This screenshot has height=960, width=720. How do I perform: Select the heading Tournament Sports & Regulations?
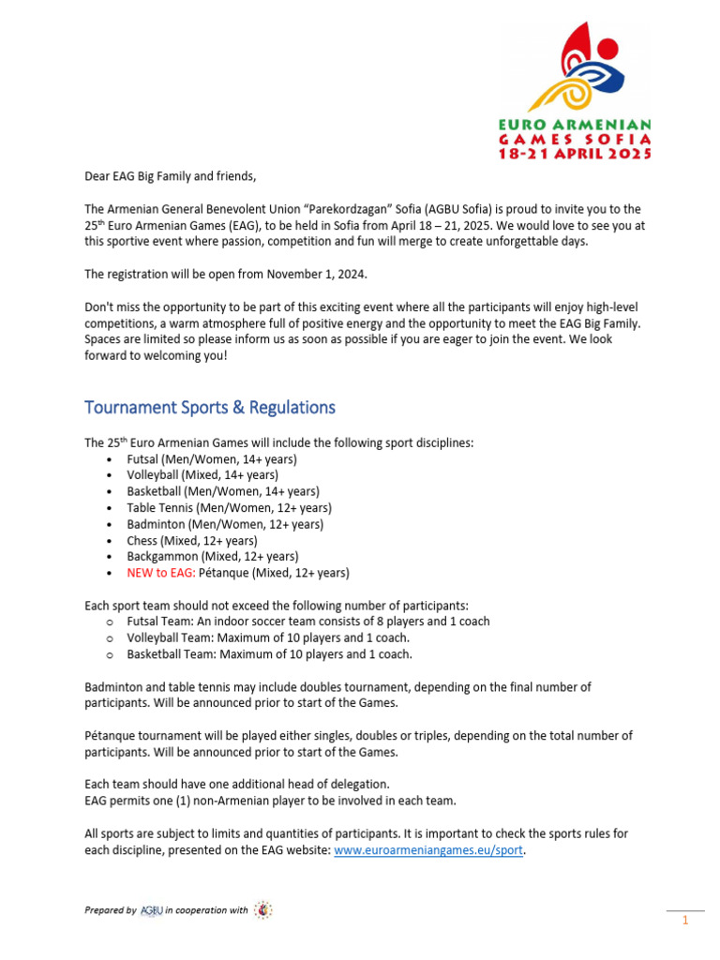[209, 407]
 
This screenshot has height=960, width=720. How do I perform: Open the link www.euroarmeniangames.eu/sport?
[428, 849]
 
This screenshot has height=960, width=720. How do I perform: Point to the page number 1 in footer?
[685, 921]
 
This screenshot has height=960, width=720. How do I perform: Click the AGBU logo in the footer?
[151, 909]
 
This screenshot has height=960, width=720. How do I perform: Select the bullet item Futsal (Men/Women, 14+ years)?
[212, 459]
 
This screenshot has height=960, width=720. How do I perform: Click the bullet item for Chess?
[192, 540]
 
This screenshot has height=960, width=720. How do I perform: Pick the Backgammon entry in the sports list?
[212, 556]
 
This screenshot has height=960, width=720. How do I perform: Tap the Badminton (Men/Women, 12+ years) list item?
[225, 524]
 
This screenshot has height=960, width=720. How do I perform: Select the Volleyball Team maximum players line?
[269, 637]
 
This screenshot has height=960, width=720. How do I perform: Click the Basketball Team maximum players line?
[269, 654]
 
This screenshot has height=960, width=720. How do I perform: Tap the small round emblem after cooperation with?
[263, 909]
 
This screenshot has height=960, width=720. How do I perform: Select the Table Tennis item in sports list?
[229, 508]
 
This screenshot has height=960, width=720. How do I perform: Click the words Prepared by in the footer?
[110, 910]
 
